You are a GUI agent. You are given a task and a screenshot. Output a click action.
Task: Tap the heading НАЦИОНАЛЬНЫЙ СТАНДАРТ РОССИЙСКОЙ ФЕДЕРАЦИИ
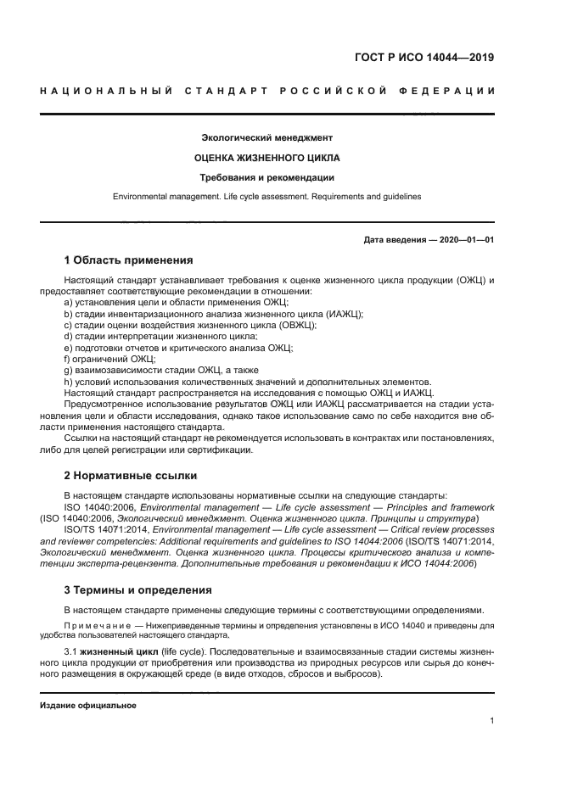pyautogui.click(x=266, y=91)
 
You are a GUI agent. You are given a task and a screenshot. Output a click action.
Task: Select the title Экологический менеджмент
pyautogui.click(x=266, y=137)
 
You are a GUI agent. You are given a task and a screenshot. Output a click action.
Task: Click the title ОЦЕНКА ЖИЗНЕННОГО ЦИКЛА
pyautogui.click(x=266, y=157)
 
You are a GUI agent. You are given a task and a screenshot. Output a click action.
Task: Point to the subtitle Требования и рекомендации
pyautogui.click(x=266, y=177)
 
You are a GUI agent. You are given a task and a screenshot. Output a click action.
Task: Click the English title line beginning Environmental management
pyautogui.click(x=266, y=197)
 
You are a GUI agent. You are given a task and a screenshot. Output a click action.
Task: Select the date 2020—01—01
pyautogui.click(x=465, y=239)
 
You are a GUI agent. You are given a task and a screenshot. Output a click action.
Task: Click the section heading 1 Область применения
pyautogui.click(x=129, y=260)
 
